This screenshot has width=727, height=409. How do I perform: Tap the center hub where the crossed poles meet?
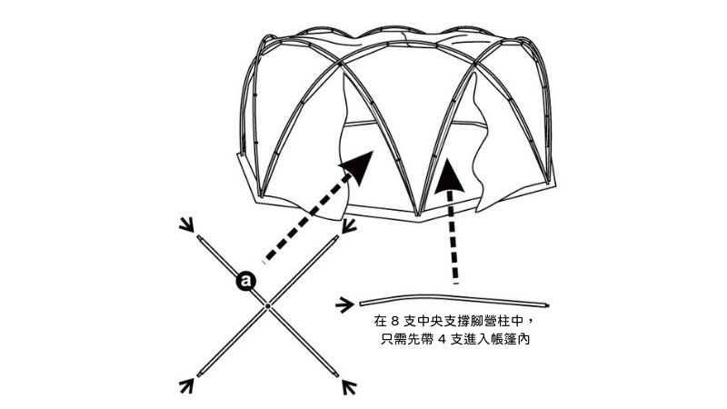(268, 307)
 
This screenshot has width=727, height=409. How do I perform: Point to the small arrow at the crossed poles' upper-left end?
(188, 224)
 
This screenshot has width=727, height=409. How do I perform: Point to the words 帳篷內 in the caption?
(510, 341)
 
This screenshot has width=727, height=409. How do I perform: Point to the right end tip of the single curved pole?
(550, 304)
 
